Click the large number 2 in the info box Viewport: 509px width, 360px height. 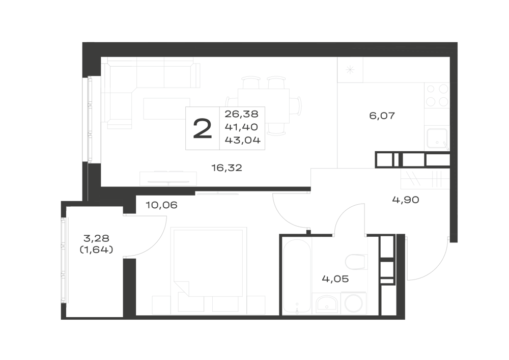(x=202, y=128)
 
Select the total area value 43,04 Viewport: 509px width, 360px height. (x=243, y=140)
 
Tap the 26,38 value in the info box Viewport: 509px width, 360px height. (x=241, y=114)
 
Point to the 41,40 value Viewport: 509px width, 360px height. (x=241, y=127)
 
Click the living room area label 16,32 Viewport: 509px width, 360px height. (x=227, y=168)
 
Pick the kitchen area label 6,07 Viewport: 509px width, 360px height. (x=382, y=116)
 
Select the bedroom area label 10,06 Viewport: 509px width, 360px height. (x=161, y=205)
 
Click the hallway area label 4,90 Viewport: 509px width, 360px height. (x=406, y=200)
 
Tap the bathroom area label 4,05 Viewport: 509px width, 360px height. (x=335, y=279)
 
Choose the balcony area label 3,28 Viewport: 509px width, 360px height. (x=96, y=239)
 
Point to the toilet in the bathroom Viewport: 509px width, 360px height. (x=356, y=262)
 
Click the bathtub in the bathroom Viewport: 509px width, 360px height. (x=297, y=276)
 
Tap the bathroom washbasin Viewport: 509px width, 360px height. (x=327, y=304)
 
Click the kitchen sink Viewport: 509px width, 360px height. (x=437, y=139)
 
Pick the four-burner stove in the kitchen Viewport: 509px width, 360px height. (x=437, y=96)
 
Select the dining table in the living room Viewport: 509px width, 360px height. (x=263, y=105)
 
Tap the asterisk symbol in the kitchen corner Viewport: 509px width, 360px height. (x=350, y=69)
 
